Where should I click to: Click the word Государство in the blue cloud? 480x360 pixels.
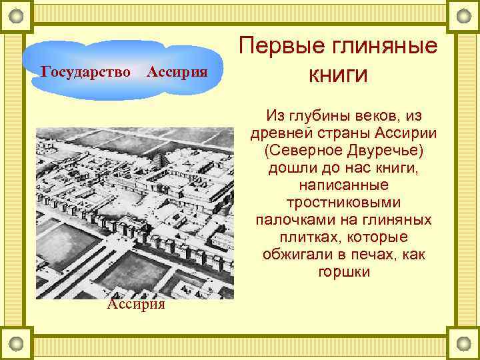click(86, 71)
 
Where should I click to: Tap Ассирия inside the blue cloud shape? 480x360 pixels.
click(176, 71)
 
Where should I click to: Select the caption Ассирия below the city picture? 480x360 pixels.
click(135, 304)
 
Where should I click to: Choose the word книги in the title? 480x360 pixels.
click(338, 75)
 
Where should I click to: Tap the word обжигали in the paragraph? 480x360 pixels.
click(303, 255)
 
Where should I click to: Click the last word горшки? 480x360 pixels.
click(343, 272)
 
